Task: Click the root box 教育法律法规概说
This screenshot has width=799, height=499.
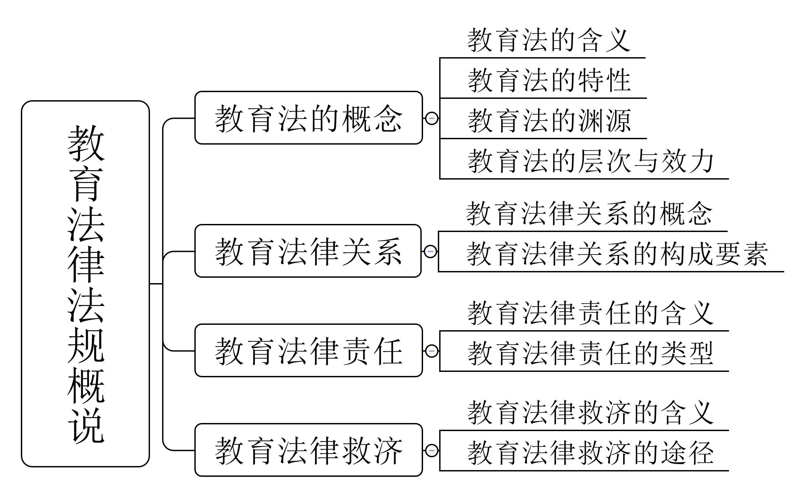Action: [85, 283]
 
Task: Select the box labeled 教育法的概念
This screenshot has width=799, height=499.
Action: [308, 118]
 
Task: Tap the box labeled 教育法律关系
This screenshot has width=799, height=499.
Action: [308, 251]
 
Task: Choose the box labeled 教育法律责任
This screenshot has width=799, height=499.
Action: [308, 350]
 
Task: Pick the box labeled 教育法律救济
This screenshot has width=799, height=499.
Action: [308, 450]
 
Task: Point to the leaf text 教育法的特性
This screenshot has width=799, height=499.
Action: [549, 80]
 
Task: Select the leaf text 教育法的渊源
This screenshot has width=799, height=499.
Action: [549, 121]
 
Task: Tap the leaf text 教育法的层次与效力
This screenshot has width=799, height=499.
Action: [591, 161]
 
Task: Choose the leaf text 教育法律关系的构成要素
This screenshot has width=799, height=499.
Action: [617, 254]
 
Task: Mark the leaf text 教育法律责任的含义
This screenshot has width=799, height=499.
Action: [591, 313]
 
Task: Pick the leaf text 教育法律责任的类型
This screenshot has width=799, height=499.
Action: [591, 353]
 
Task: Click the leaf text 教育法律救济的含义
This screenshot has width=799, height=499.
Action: [591, 413]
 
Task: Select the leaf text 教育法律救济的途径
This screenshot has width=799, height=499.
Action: [591, 453]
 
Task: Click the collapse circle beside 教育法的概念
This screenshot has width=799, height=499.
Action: [432, 118]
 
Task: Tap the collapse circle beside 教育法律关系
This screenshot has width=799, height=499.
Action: [430, 251]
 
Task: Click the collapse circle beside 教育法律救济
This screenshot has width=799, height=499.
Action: [432, 450]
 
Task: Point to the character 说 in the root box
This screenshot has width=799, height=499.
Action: [86, 425]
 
